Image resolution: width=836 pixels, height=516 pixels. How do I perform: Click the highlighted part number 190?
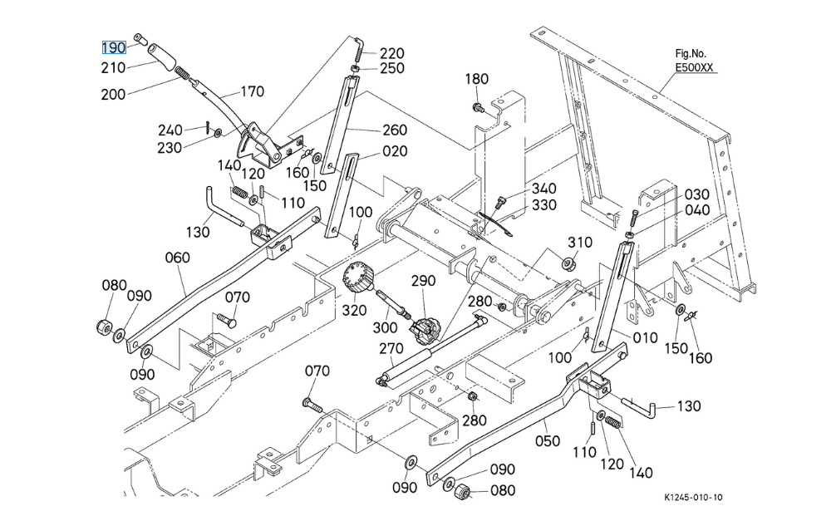tap(114, 47)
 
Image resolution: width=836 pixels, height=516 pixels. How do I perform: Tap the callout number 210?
tap(114, 66)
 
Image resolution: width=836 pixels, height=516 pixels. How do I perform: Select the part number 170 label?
tap(252, 92)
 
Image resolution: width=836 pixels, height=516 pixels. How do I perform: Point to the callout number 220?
tap(391, 54)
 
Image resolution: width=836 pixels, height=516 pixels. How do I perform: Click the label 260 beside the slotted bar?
tap(395, 130)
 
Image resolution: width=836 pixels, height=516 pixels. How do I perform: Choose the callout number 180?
tap(476, 80)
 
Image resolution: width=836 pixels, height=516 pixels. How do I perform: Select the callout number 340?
tap(544, 189)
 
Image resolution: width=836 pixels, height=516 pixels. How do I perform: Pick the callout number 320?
tap(354, 311)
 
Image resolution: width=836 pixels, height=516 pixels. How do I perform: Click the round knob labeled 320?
tap(357, 277)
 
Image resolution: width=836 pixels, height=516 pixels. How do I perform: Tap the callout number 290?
tap(423, 282)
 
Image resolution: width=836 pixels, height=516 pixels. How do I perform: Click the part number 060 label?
tap(177, 258)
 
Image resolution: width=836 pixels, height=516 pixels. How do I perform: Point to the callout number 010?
tap(645, 338)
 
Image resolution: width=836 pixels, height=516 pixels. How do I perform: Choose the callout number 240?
tap(170, 130)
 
